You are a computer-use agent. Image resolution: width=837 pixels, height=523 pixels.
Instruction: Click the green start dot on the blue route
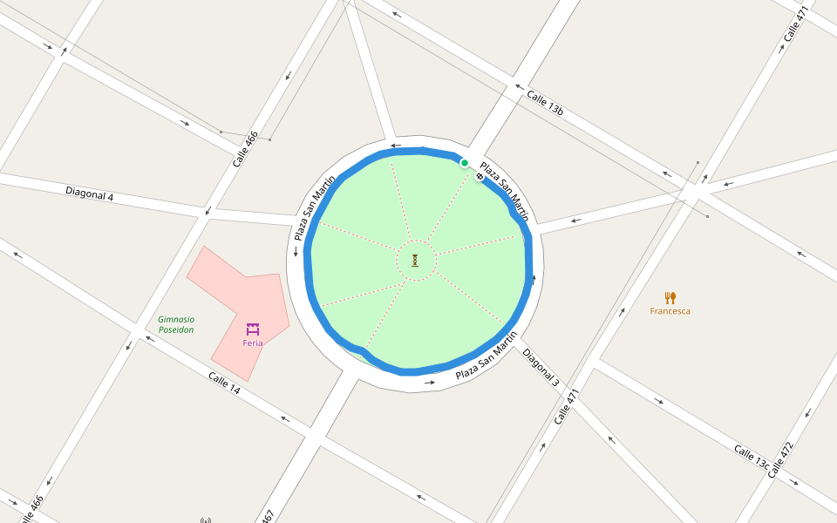(x=465, y=163)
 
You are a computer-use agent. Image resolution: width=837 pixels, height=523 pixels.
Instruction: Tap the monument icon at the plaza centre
(x=415, y=260)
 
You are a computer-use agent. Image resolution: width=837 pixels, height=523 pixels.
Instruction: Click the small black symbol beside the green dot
(x=480, y=177)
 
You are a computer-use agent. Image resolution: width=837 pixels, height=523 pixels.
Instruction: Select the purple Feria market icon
(x=253, y=329)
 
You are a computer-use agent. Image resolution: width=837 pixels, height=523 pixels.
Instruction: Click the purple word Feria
(x=253, y=343)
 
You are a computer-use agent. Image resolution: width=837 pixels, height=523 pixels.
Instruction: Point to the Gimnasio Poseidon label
(x=176, y=324)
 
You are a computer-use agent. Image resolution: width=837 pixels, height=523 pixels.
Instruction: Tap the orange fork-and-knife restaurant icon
(x=670, y=297)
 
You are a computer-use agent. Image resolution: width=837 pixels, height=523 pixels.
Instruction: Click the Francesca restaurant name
(x=670, y=311)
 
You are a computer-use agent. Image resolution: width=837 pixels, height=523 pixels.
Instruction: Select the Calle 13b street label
(x=545, y=103)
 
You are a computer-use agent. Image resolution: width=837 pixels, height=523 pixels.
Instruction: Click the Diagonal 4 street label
(x=90, y=194)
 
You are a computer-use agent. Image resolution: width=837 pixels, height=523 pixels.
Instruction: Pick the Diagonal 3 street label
(x=541, y=367)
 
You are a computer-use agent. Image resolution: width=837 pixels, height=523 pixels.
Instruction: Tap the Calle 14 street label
(x=224, y=382)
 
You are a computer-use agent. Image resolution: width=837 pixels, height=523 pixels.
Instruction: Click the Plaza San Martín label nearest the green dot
(x=505, y=190)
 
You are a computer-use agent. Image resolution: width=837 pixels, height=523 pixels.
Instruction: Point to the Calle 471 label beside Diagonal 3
(x=567, y=406)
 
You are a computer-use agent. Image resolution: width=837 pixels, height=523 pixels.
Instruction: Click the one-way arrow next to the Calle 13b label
(x=518, y=86)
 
